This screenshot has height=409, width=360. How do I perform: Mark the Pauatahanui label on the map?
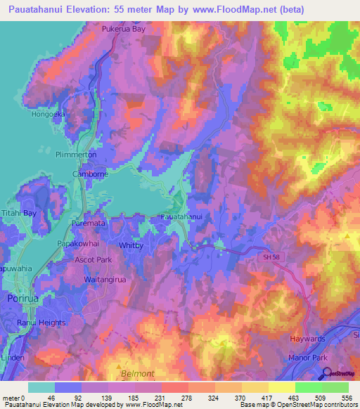pos(182,217)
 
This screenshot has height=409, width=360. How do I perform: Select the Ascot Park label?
pos(94,259)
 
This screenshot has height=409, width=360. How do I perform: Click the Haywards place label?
pos(308,339)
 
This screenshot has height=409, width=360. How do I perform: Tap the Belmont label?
pos(138,373)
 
